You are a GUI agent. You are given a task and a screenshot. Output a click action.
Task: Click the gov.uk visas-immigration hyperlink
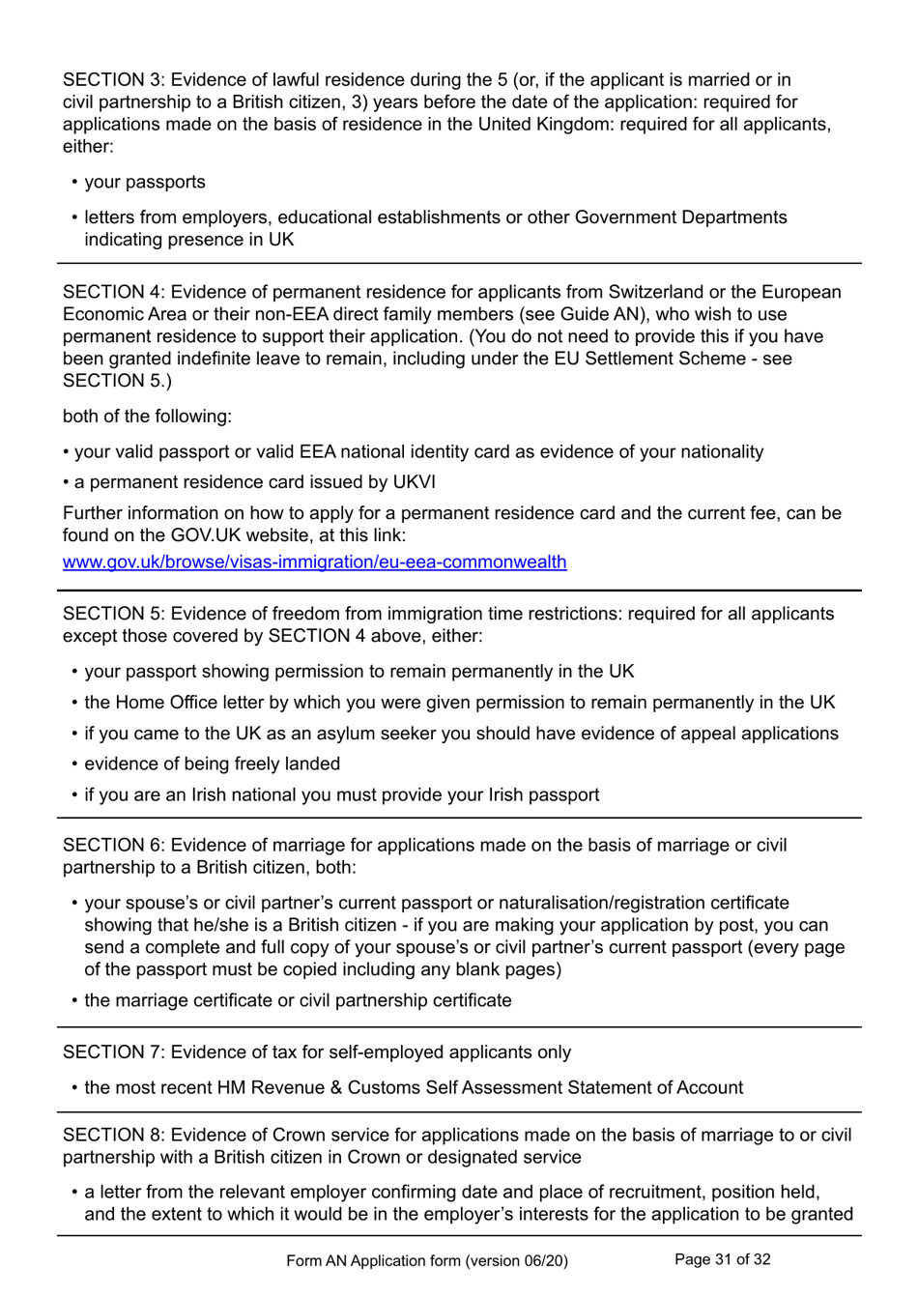click(x=314, y=562)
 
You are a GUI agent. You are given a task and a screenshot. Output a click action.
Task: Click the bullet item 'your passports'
click(x=145, y=183)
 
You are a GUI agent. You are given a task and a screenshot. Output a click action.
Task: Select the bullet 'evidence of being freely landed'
click(x=212, y=764)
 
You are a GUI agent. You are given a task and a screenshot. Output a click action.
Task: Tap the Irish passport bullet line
click(x=341, y=795)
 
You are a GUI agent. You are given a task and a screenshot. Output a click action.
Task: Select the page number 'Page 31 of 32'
click(x=722, y=1259)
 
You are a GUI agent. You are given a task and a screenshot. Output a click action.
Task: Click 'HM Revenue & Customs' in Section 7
click(x=306, y=1088)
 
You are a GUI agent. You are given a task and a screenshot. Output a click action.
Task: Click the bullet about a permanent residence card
click(x=254, y=482)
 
